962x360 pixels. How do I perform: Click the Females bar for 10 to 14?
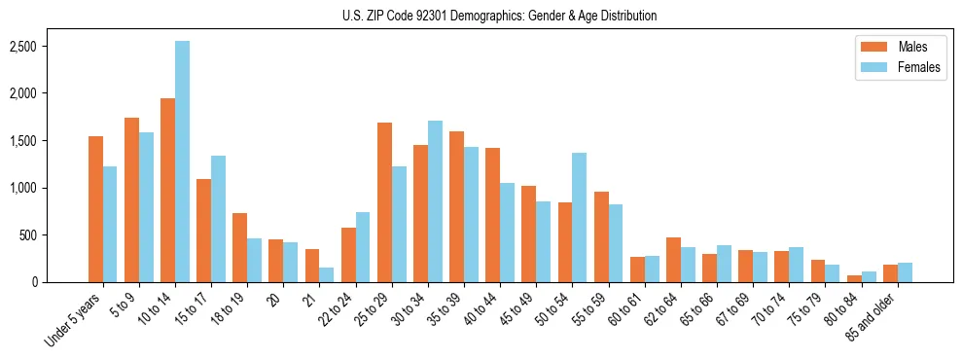(183, 162)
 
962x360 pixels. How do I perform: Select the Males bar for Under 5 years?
(95, 209)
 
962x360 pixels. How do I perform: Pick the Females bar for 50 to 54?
(580, 217)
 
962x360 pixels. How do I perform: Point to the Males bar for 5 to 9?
(131, 199)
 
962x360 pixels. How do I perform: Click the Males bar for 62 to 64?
(673, 260)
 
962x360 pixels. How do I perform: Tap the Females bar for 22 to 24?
(363, 247)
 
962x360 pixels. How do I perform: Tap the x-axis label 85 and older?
(873, 314)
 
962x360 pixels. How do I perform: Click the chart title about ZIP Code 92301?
(500, 16)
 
